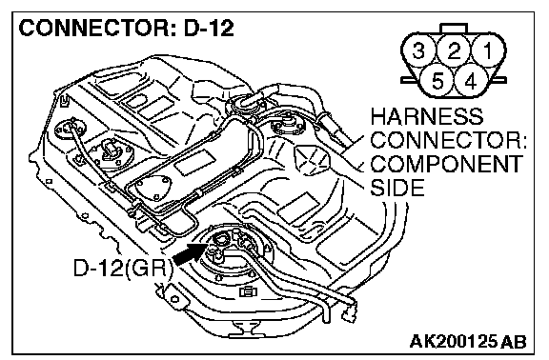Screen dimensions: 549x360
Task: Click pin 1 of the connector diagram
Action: coord(488,50)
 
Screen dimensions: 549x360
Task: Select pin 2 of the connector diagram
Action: coord(454,50)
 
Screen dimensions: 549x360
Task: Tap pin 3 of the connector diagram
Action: coord(418,50)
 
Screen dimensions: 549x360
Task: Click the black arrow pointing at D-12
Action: coord(190,254)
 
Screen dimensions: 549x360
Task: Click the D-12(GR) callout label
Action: coord(123,269)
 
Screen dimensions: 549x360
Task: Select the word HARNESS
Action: coord(427,116)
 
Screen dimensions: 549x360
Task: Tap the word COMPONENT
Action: coord(446,164)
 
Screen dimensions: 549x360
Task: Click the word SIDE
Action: coord(397,188)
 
